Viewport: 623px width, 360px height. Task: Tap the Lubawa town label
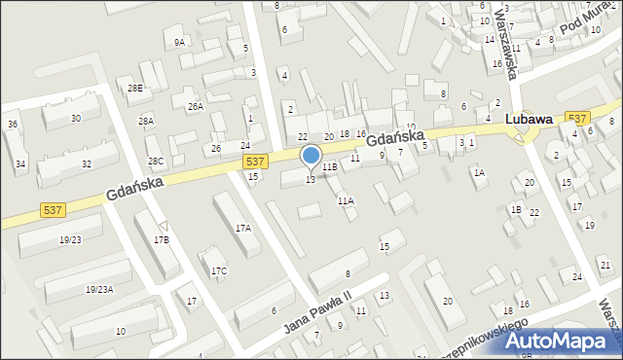click(x=530, y=120)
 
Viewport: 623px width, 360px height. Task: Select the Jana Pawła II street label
click(x=316, y=311)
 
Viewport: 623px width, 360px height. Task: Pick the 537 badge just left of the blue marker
click(x=256, y=161)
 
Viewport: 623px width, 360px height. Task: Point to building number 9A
click(x=179, y=43)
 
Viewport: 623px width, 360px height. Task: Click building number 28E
click(x=135, y=88)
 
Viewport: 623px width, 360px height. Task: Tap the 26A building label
click(x=196, y=106)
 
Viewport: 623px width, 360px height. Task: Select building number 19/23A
click(x=99, y=289)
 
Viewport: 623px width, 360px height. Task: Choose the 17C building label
click(x=219, y=270)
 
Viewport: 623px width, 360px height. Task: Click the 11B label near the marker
click(x=330, y=167)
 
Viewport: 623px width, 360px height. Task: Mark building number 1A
click(x=478, y=172)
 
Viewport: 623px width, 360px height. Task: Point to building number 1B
click(x=516, y=209)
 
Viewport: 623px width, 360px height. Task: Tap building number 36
click(x=13, y=125)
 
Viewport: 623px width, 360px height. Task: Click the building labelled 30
click(x=76, y=119)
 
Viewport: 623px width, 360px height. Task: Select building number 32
click(x=87, y=163)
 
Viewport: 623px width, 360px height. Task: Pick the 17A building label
click(x=242, y=228)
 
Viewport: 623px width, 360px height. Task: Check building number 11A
click(x=346, y=200)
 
